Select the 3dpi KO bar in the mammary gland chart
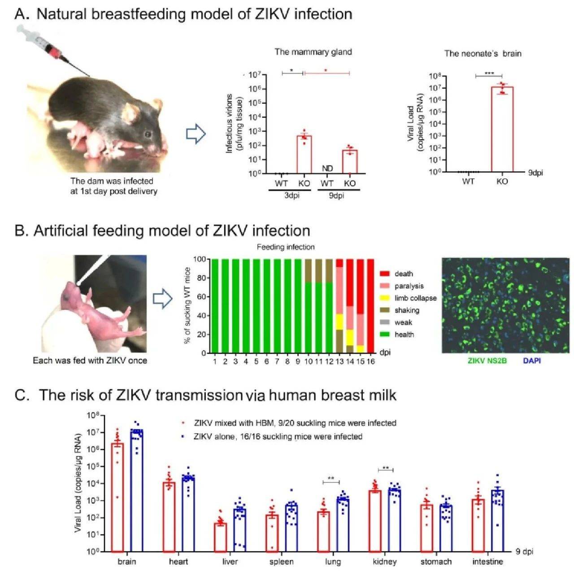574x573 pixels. coord(304,154)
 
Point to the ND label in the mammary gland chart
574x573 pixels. coord(327,169)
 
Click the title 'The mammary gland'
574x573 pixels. coord(313,52)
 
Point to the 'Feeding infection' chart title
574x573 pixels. coord(286,247)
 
